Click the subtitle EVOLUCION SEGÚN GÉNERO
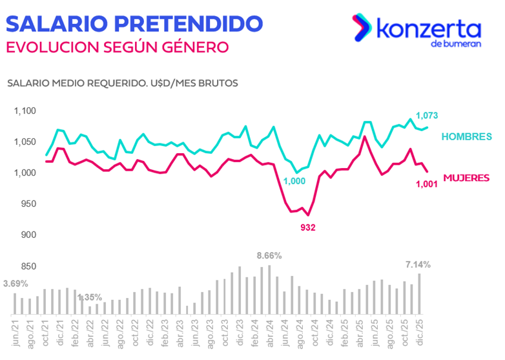click(116, 48)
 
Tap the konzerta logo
click(416, 29)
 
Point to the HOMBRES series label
click(467, 136)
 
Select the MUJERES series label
click(466, 178)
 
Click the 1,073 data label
click(427, 116)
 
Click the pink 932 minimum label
click(308, 228)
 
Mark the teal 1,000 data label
click(294, 182)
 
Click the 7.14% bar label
click(417, 264)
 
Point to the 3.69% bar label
click(15, 284)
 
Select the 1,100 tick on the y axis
click(25, 111)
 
